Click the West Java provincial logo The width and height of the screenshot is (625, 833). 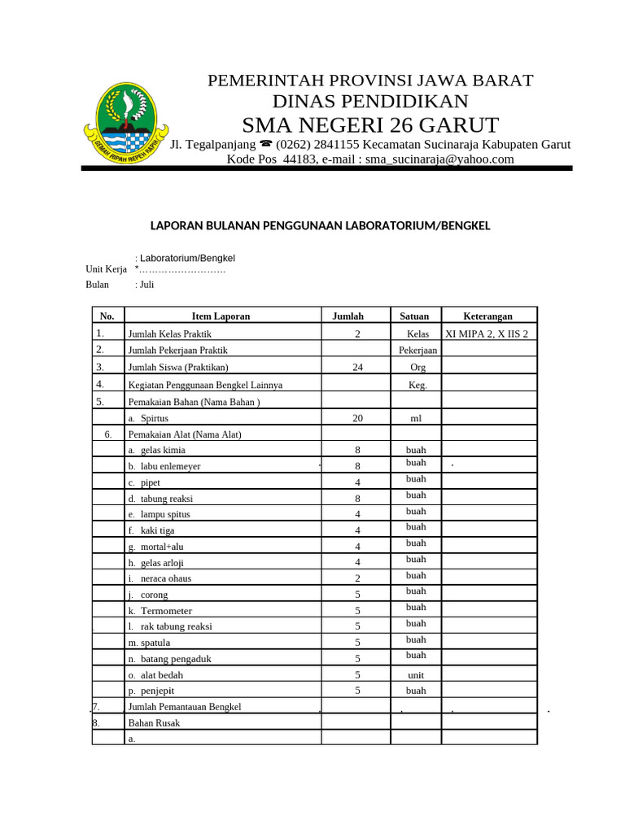coord(125,124)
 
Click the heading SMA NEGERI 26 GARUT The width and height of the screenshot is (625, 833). coord(370,125)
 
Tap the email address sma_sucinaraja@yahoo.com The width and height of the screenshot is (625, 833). coord(439,159)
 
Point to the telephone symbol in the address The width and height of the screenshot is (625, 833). coord(265,145)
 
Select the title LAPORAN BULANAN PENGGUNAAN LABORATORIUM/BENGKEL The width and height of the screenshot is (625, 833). coord(320,225)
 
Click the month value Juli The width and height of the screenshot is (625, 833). coord(146,285)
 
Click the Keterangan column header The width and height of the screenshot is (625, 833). coord(487,316)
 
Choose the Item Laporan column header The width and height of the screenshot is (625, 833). coord(221,316)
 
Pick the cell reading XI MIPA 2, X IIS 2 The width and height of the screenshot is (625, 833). coord(487,334)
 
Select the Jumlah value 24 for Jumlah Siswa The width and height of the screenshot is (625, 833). coord(357,368)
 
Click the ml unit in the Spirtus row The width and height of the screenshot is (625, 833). coord(416,418)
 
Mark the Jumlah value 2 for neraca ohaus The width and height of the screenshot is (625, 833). coord(357,578)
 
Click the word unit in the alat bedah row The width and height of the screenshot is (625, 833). coord(416,675)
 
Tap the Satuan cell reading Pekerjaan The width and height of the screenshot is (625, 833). coord(417,351)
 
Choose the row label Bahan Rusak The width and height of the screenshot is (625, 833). coord(154,722)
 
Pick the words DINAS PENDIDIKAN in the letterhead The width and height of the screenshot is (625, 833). coord(370,102)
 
